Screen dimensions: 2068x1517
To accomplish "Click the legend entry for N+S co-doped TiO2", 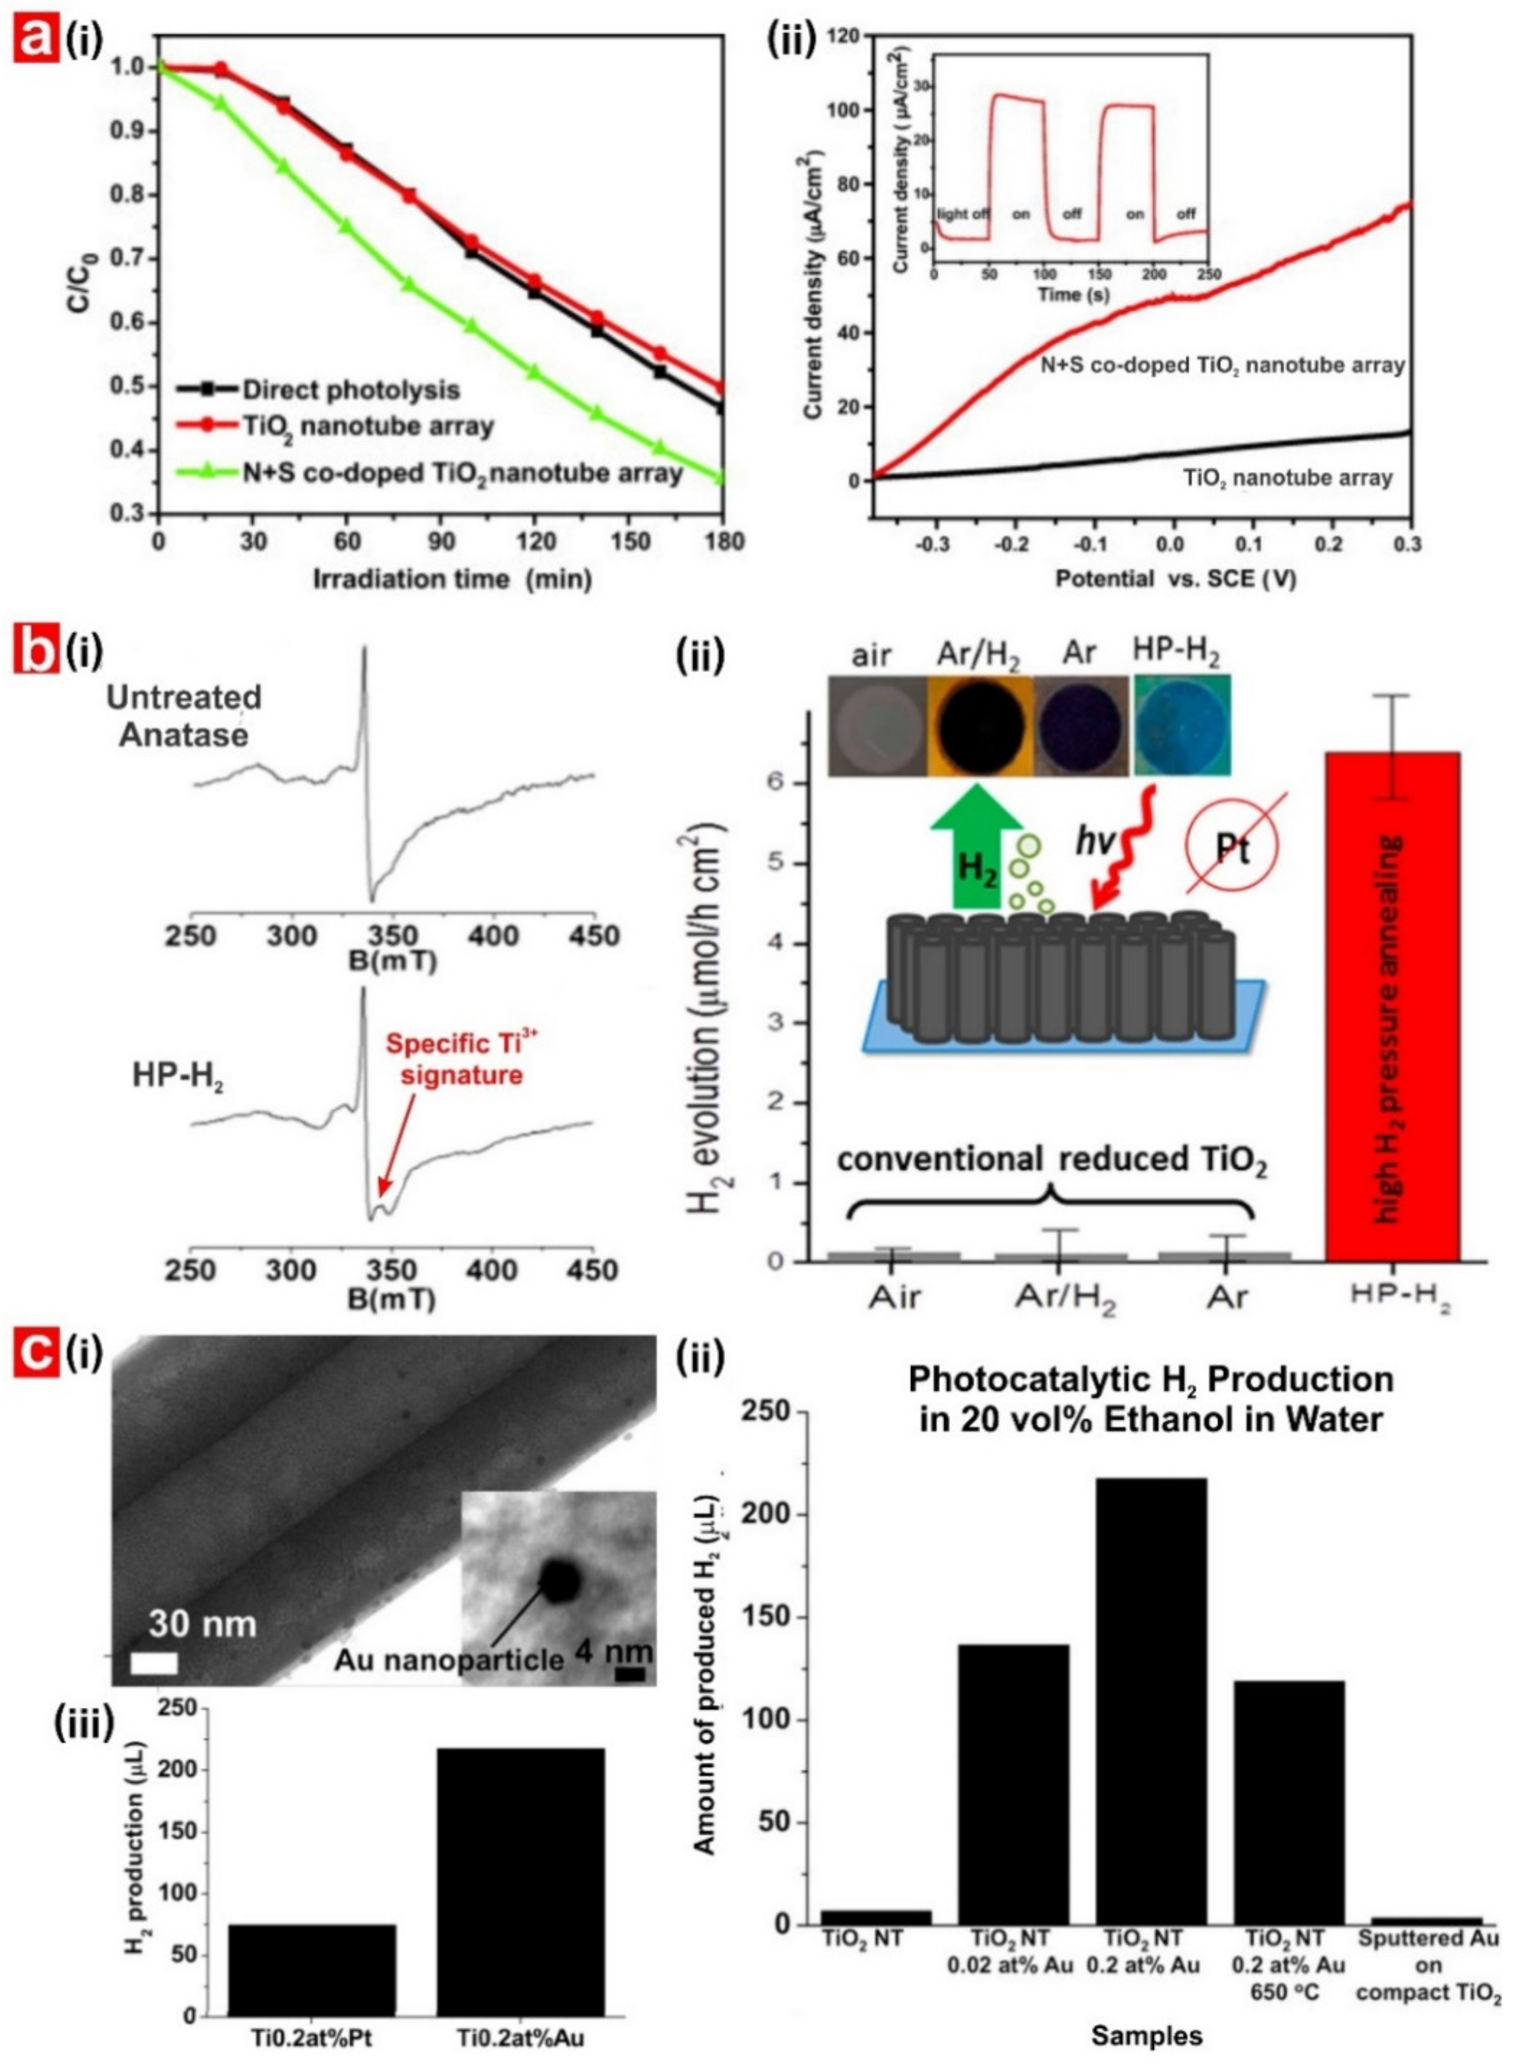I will [461, 474].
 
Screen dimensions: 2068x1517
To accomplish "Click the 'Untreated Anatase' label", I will [184, 716].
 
